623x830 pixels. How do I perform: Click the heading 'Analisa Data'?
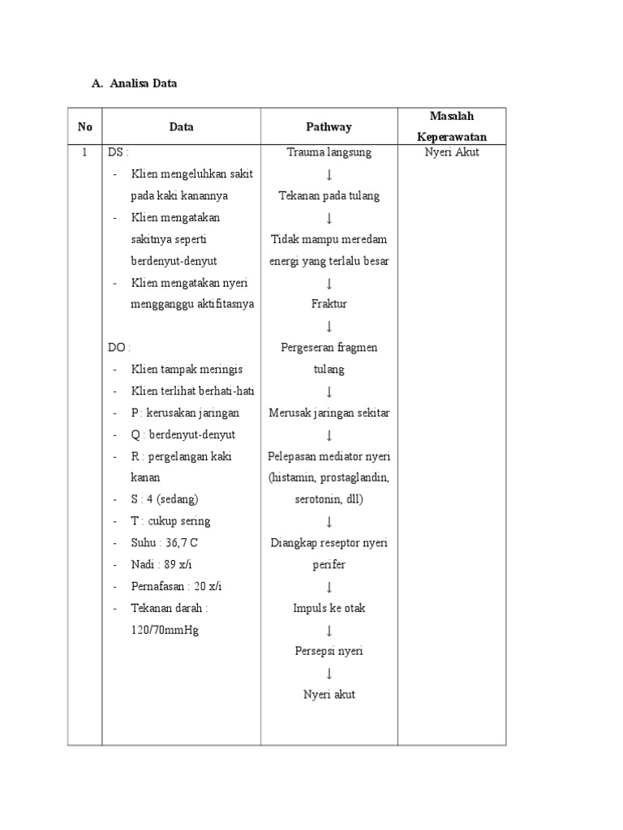pyautogui.click(x=142, y=83)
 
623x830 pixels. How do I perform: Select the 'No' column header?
pyautogui.click(x=85, y=126)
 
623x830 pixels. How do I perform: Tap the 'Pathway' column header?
pyautogui.click(x=329, y=126)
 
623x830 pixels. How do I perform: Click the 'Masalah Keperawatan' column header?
pyautogui.click(x=452, y=126)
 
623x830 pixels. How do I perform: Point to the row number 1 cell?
pyautogui.click(x=84, y=152)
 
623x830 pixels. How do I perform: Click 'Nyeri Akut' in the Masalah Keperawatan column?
pyautogui.click(x=452, y=152)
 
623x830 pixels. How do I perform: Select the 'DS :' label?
pyautogui.click(x=118, y=152)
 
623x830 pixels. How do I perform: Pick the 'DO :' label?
pyautogui.click(x=119, y=347)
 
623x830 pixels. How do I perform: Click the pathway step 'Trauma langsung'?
pyautogui.click(x=329, y=152)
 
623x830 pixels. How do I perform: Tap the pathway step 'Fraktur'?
pyautogui.click(x=329, y=304)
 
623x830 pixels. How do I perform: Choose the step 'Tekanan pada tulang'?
pyautogui.click(x=329, y=195)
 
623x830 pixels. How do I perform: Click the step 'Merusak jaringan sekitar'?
pyautogui.click(x=329, y=413)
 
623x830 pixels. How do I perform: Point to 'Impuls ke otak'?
pyautogui.click(x=329, y=608)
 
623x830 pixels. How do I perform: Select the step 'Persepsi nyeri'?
pyautogui.click(x=329, y=651)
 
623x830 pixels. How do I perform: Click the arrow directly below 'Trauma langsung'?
pyautogui.click(x=329, y=174)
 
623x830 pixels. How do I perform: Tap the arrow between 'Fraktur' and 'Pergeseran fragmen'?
pyautogui.click(x=329, y=326)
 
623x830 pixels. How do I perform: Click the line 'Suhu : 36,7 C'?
pyautogui.click(x=165, y=542)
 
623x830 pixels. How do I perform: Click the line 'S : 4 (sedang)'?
pyautogui.click(x=165, y=499)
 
